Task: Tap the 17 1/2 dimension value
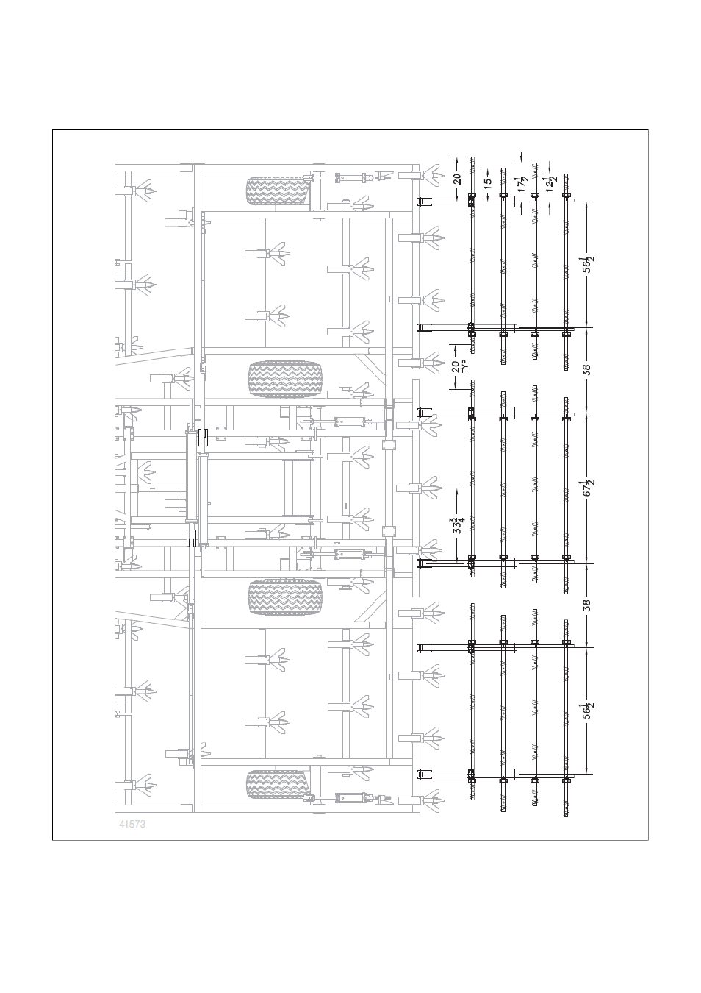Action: (x=522, y=184)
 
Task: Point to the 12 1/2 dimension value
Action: (x=550, y=183)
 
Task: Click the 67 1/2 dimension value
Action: (x=588, y=488)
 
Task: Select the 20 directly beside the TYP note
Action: (x=456, y=366)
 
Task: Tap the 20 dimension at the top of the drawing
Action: (x=457, y=179)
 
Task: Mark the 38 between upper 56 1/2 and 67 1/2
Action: (x=587, y=370)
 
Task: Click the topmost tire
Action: (x=278, y=191)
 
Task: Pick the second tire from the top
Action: (x=285, y=379)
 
